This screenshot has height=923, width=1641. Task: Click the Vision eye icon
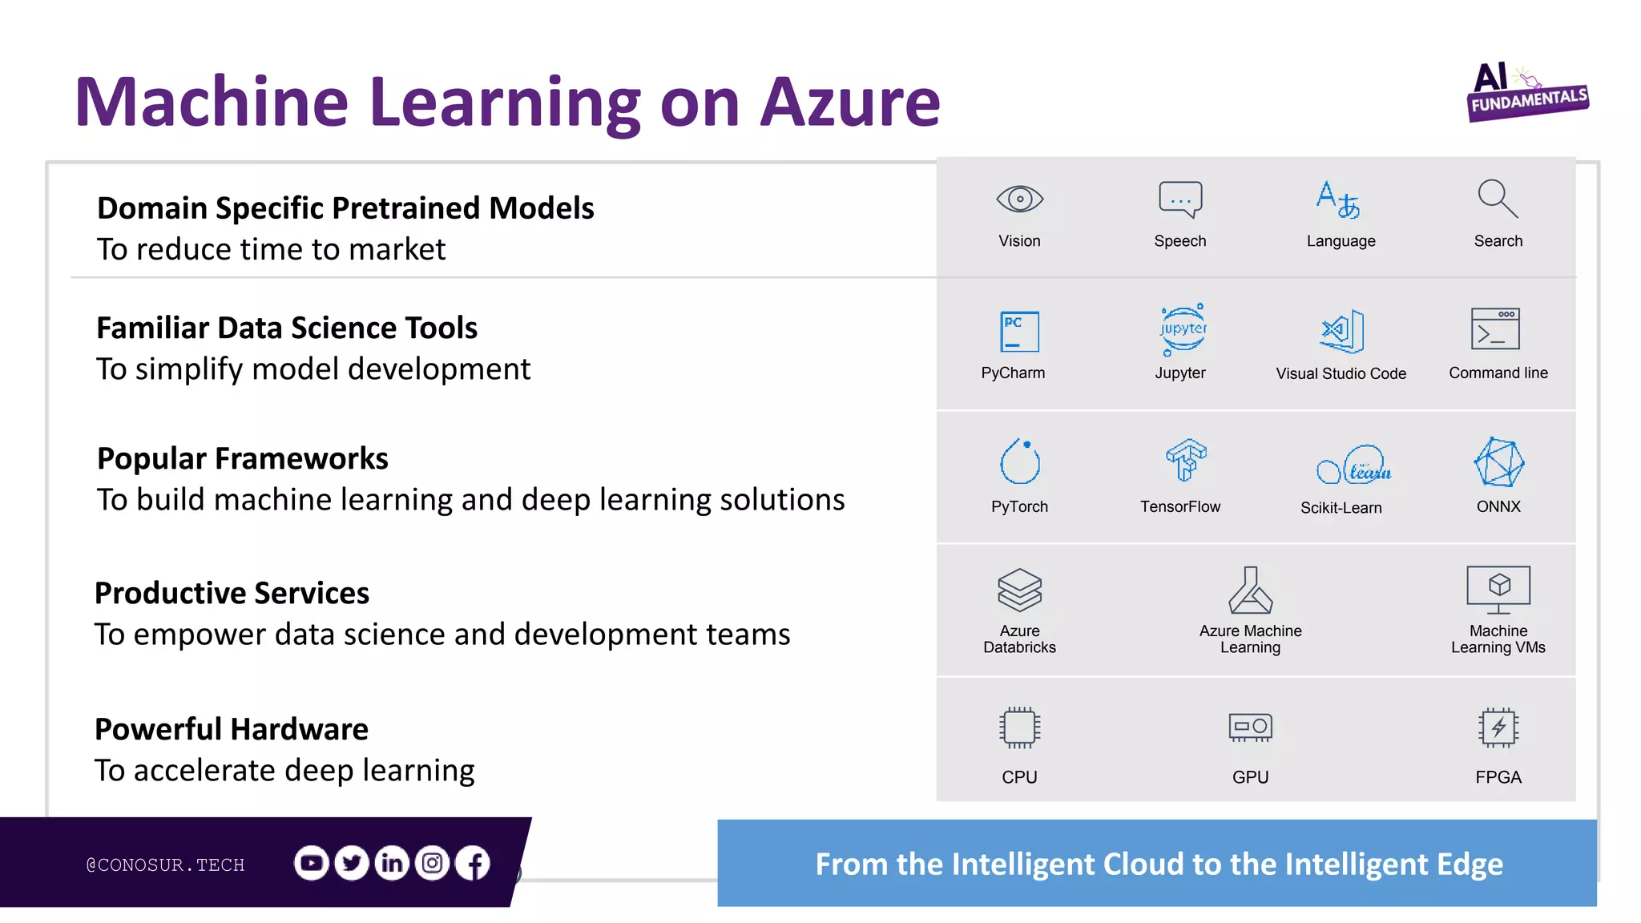pos(1019,199)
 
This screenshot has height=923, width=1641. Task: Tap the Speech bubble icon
pos(1180,199)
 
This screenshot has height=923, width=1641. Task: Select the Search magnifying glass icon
pos(1498,199)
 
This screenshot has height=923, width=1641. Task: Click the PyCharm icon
pos(1019,332)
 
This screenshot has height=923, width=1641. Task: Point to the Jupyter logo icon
pos(1183,329)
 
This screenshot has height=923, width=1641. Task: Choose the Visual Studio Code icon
pos(1342,331)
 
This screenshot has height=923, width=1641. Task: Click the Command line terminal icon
pos(1495,329)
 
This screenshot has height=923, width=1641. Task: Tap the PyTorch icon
pos(1020,461)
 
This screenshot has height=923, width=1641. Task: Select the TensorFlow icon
pos(1186,460)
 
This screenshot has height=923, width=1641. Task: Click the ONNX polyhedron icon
pos(1498,462)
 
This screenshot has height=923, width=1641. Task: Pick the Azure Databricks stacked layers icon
pos(1019,590)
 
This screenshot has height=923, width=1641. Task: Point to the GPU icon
pos(1250,728)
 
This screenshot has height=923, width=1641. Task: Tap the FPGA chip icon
pos(1498,728)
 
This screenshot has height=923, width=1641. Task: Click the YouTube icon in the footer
pos(311,863)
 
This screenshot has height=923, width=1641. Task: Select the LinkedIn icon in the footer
pos(392,863)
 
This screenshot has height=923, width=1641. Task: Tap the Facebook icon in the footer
pos(473,863)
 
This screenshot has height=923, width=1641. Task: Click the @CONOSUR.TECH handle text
pos(165,865)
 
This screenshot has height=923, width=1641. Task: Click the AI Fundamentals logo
pos(1526,92)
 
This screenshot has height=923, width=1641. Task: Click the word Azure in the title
pos(849,103)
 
